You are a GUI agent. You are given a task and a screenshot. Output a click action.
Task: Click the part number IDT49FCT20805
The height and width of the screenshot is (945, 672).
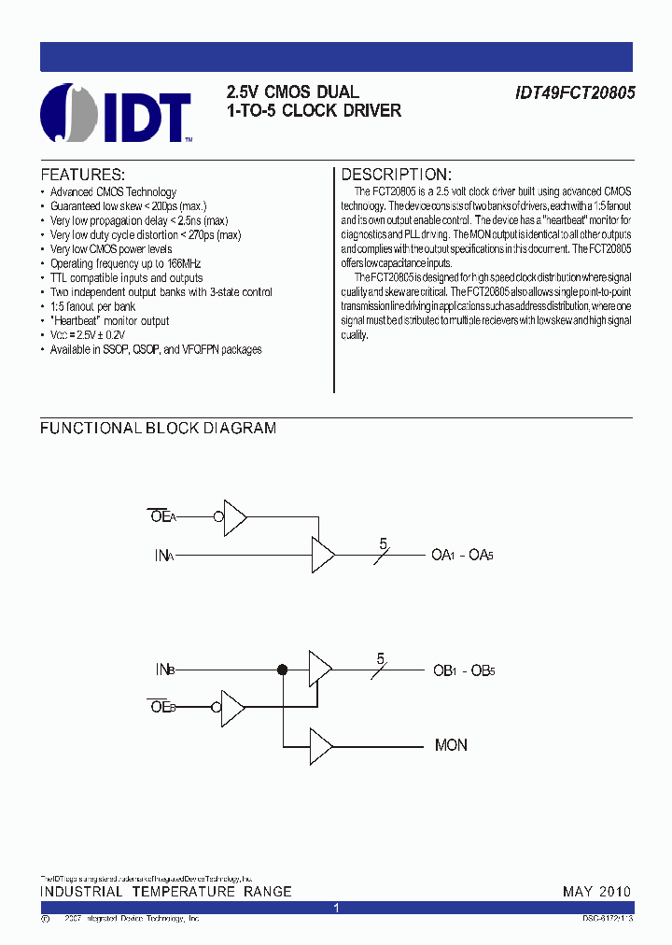(573, 93)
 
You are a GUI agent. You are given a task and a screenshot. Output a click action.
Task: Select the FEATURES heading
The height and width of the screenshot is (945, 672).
(82, 176)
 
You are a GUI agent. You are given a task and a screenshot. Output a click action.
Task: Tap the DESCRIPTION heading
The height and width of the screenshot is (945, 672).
(396, 176)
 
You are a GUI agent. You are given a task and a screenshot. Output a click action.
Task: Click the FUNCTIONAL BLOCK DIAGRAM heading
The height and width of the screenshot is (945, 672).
(158, 429)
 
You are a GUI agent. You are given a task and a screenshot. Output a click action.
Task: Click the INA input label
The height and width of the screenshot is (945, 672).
(164, 556)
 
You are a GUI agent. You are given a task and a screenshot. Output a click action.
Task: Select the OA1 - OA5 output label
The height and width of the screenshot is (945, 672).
(461, 556)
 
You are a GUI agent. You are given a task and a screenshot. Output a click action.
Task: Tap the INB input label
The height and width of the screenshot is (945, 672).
(164, 670)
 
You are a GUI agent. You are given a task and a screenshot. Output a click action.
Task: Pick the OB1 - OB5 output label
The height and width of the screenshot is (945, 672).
(463, 670)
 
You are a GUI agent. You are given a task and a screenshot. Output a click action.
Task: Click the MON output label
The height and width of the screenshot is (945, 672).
(451, 745)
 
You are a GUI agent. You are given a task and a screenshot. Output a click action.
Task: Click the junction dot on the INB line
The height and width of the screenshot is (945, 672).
(282, 670)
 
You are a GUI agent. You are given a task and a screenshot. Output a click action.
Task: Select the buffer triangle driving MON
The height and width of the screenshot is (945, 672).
(321, 745)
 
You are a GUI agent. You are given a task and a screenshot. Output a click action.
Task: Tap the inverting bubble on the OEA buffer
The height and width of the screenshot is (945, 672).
(218, 515)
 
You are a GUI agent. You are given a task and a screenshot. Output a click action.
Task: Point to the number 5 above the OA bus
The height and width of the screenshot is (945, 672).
(383, 543)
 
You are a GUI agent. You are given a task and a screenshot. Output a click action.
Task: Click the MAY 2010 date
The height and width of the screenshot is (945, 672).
(596, 892)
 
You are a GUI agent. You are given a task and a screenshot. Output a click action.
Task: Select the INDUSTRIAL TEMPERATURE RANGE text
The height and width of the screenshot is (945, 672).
(165, 892)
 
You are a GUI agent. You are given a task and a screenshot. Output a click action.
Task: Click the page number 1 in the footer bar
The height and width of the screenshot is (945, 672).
(336, 908)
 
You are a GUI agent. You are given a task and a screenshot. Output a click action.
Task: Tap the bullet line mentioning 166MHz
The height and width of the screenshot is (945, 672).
(125, 264)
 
